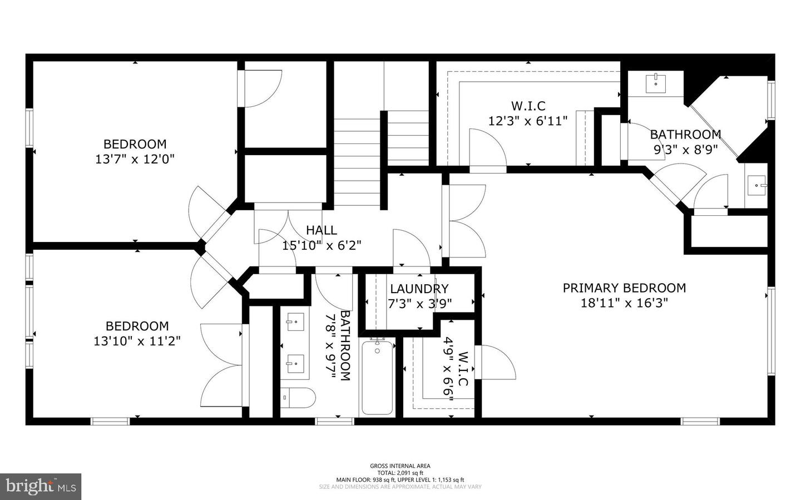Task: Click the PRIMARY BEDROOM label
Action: [x=624, y=288]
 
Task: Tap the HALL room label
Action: [x=322, y=230]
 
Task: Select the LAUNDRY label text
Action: [x=419, y=289]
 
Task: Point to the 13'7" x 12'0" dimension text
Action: [x=135, y=159]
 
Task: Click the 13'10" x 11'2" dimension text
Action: [x=137, y=340]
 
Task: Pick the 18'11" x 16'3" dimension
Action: [x=624, y=303]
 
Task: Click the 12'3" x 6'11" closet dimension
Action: [x=528, y=120]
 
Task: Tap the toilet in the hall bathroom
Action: [x=298, y=397]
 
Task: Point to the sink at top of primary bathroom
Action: [x=656, y=83]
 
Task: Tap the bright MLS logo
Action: [x=41, y=487]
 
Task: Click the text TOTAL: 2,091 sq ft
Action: [x=400, y=473]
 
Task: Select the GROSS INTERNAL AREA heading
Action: [x=400, y=466]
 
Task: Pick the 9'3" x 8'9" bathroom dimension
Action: [x=685, y=149]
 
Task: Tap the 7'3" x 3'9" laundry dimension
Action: [x=419, y=304]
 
